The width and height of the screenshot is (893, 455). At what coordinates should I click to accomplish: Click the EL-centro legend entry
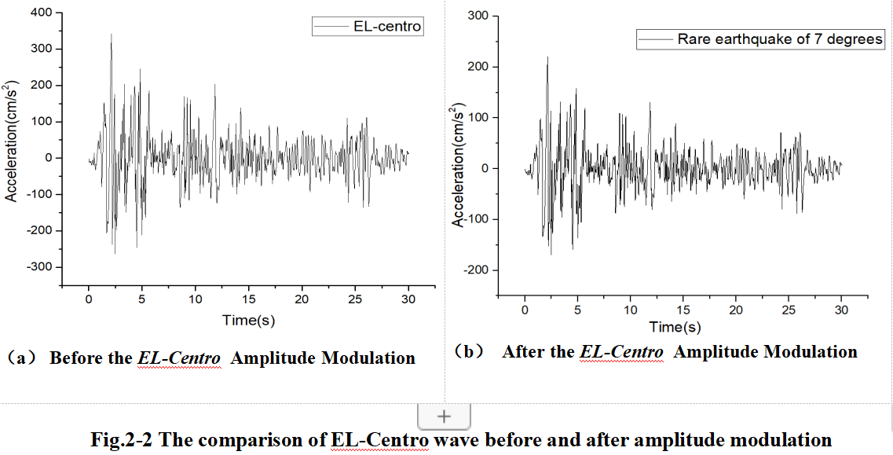[x=368, y=27]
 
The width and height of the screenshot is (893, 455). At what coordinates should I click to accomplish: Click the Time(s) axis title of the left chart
[x=248, y=321]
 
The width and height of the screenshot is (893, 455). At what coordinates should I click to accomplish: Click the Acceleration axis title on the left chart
[x=11, y=141]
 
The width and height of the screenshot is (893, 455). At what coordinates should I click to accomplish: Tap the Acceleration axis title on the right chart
[x=459, y=164]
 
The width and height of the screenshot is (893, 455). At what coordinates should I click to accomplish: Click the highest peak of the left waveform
[x=111, y=35]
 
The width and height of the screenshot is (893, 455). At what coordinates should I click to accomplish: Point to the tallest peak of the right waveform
[x=547, y=57]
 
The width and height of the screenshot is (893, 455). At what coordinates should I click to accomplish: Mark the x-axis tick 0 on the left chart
[x=89, y=300]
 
